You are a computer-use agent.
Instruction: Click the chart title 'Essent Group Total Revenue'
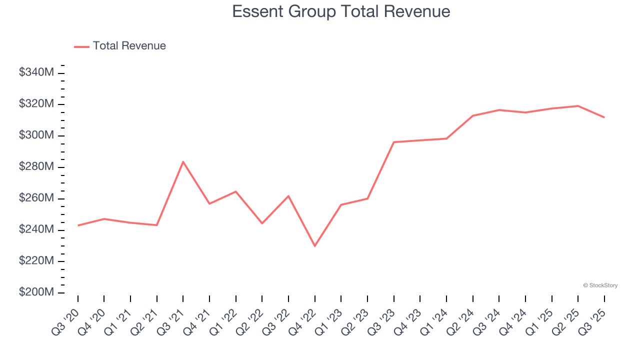point(341,11)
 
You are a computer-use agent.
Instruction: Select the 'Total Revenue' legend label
point(129,46)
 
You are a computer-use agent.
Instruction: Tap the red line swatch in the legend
point(81,46)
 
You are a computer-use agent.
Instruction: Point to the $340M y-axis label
point(36,72)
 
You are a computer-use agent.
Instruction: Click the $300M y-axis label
point(36,135)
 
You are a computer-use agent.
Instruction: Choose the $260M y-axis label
point(36,198)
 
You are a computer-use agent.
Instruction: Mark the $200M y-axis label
point(36,292)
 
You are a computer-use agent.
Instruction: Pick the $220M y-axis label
point(36,261)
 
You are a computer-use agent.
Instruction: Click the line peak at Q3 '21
point(183,161)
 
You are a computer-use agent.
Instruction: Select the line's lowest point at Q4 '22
point(314,246)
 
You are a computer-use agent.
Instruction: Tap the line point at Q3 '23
point(393,142)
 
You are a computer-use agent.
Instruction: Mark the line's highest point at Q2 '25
point(578,106)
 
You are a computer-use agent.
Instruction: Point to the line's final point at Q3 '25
point(604,117)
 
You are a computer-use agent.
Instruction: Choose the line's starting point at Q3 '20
point(78,225)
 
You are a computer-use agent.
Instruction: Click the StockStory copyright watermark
point(600,285)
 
